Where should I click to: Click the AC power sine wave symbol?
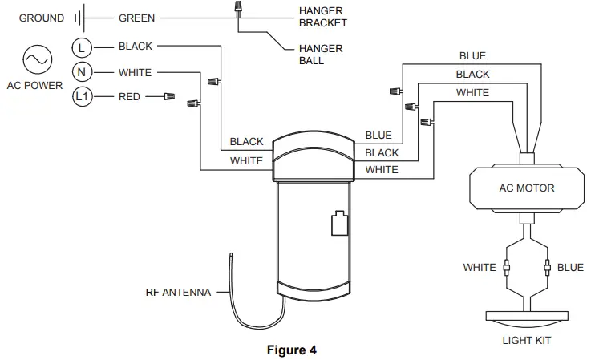point(37,59)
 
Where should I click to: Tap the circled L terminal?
point(83,47)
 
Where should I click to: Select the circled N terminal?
point(83,72)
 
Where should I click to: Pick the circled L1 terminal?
point(83,97)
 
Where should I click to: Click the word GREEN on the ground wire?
point(136,18)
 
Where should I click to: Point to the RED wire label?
point(129,97)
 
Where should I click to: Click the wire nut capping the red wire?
point(168,97)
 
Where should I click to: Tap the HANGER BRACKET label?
point(322,18)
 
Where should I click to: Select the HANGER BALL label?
point(321,55)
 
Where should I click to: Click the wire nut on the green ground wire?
point(237,9)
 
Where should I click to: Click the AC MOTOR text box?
point(527,188)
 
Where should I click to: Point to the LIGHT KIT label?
point(526,340)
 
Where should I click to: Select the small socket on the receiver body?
point(338,224)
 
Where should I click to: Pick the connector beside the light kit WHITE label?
point(506,267)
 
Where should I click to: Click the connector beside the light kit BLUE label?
point(547,267)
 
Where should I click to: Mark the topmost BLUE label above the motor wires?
point(472,56)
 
